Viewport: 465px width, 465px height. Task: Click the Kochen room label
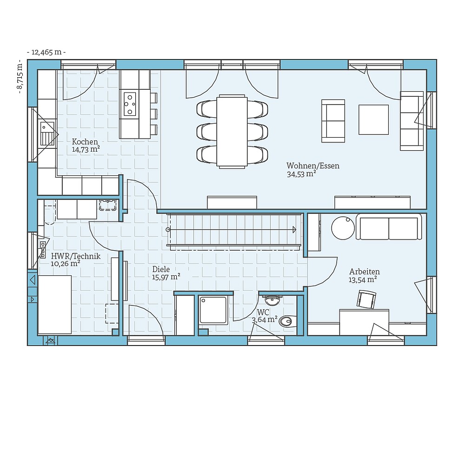coord(85,142)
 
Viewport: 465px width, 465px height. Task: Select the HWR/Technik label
coord(75,256)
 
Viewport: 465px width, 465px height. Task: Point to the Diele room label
coord(161,269)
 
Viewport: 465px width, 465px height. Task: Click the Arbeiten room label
coord(364,272)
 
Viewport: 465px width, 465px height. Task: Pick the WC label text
coord(263,312)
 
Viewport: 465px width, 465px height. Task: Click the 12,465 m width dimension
coord(46,52)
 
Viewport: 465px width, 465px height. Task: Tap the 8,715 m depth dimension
coord(20,77)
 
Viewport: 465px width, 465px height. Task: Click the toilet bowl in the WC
coord(287,320)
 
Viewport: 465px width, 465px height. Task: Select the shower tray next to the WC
coord(213,310)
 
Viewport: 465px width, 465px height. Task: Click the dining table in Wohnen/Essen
coord(232,131)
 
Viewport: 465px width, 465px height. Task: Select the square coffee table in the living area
coord(373,120)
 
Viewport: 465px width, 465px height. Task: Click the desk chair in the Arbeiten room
coord(366,299)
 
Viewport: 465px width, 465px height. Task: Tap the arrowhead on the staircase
coord(294,229)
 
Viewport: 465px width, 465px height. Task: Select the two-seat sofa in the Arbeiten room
coord(389,227)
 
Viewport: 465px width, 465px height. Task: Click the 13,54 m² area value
coord(362,280)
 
